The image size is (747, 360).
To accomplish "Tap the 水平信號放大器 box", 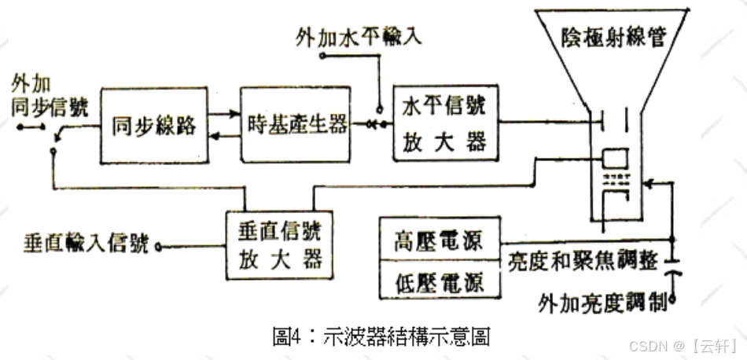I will pyautogui.click(x=445, y=124).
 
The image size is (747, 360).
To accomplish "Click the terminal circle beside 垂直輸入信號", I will pyautogui.click(x=158, y=247).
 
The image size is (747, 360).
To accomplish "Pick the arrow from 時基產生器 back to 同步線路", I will pyautogui.click(x=225, y=138).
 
